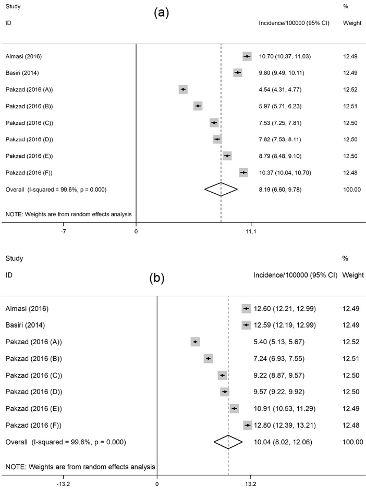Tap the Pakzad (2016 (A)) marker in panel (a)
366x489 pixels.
[183, 90]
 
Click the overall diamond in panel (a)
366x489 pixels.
[221, 190]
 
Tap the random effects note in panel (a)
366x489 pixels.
[68, 214]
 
